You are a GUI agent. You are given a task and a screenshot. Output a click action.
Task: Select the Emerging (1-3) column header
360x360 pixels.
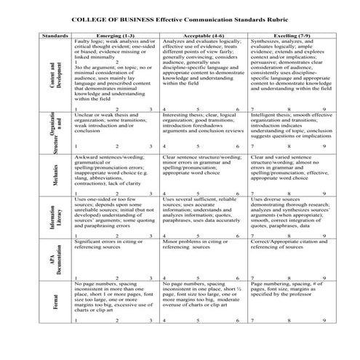pos(116,34)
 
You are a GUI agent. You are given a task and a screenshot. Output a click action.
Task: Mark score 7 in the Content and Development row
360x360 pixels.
pos(252,108)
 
